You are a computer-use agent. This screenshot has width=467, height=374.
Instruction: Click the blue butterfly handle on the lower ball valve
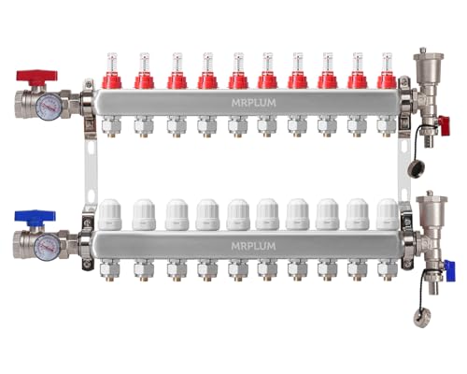tap(36, 216)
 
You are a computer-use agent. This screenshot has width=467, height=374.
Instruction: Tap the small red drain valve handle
tap(445, 122)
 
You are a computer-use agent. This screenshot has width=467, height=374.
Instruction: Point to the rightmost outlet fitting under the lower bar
tap(386, 270)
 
